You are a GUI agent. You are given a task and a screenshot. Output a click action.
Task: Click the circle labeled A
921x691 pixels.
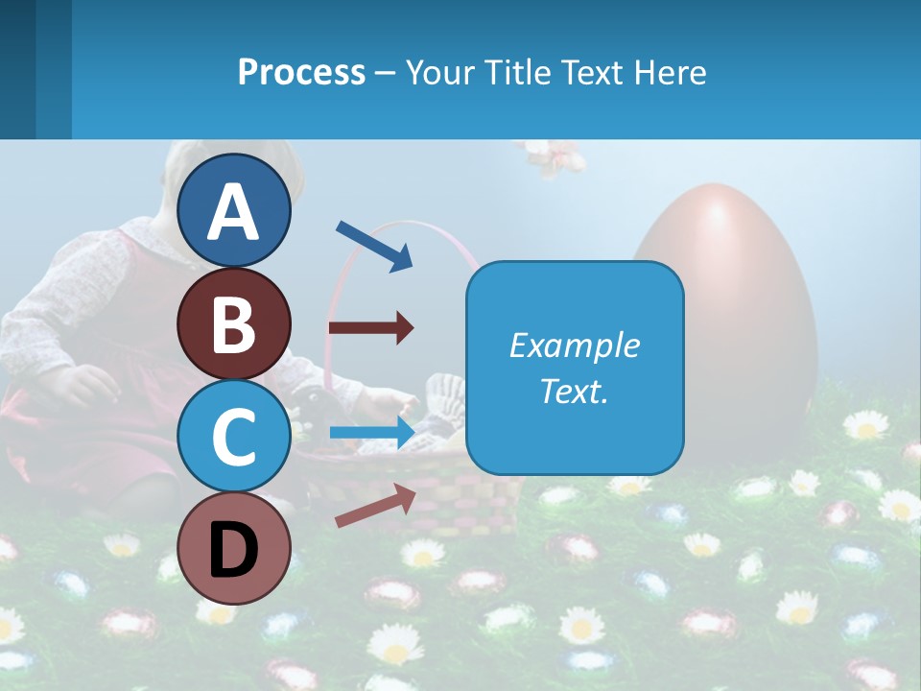pos(233,210)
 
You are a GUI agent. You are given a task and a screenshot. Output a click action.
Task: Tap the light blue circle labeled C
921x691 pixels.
pos(233,437)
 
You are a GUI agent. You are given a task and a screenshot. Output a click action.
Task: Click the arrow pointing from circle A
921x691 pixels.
pos(374,246)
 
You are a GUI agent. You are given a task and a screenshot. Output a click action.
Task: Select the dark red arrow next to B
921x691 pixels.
pos(370,328)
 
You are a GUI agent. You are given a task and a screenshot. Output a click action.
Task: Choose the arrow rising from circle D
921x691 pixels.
pos(375,506)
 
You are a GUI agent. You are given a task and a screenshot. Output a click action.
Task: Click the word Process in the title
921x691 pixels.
pos(301,72)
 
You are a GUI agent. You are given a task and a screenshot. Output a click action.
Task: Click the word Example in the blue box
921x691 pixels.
pos(575,345)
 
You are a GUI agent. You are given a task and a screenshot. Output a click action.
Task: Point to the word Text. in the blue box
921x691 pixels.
pos(575,391)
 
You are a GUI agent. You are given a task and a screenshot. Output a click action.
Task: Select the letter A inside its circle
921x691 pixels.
pos(233,212)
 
